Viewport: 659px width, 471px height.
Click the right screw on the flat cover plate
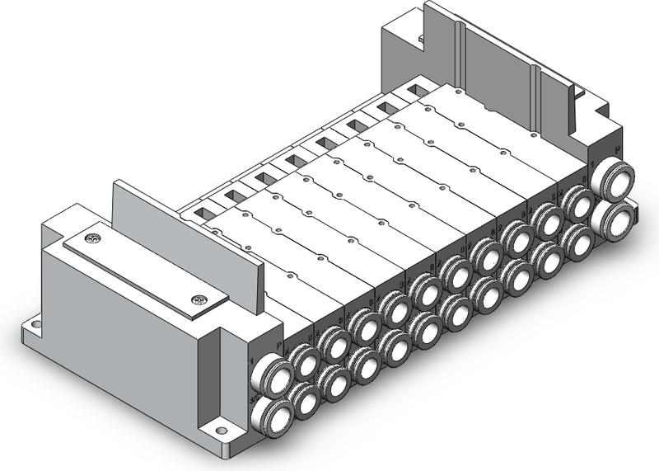click(x=196, y=300)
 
